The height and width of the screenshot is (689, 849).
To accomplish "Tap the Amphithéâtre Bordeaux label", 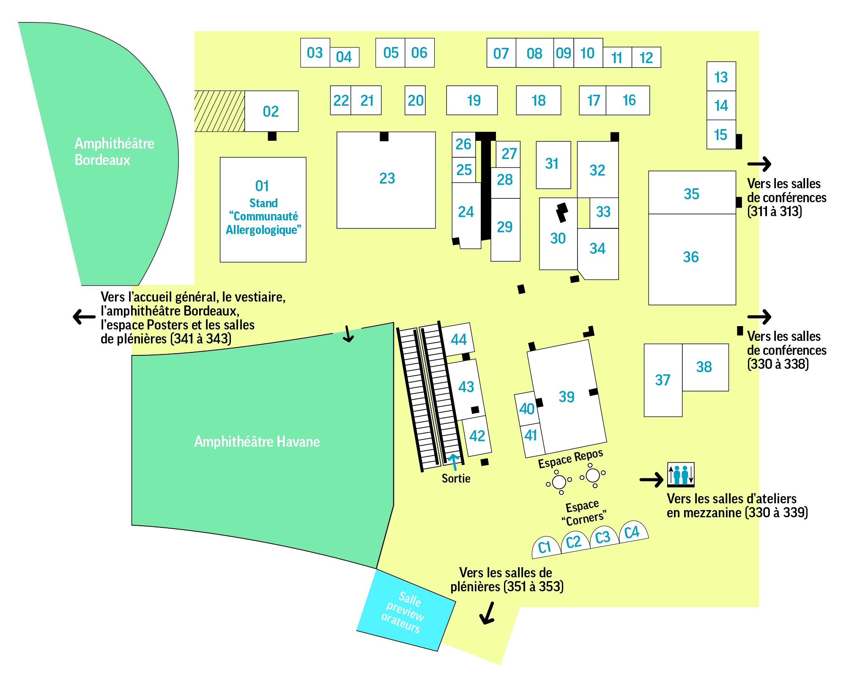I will (114, 152).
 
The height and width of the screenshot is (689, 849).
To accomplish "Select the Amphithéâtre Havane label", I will (257, 442).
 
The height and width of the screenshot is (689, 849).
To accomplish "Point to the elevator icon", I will (680, 474).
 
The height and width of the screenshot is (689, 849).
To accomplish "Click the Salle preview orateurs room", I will (405, 612).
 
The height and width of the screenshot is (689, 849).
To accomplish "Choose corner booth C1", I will (545, 546).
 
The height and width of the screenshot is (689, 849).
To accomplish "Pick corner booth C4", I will (633, 532).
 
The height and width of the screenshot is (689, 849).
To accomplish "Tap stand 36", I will (691, 257).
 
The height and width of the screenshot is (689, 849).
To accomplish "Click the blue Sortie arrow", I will (454, 461).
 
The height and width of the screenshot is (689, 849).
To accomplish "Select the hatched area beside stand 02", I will (219, 111).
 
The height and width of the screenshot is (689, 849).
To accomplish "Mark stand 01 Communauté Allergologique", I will (263, 210).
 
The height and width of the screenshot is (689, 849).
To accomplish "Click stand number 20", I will (415, 101).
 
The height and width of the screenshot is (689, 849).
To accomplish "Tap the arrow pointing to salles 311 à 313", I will (759, 164).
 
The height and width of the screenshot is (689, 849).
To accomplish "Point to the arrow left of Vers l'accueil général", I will (84, 316).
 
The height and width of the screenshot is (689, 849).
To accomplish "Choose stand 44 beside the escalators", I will (458, 339).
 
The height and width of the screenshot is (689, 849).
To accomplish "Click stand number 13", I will (721, 77).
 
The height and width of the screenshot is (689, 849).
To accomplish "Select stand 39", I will (567, 397).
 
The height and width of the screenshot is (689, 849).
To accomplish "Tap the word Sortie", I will (456, 478).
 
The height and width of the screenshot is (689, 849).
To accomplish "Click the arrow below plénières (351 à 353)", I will (487, 613).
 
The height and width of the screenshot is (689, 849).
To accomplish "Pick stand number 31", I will (552, 164).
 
